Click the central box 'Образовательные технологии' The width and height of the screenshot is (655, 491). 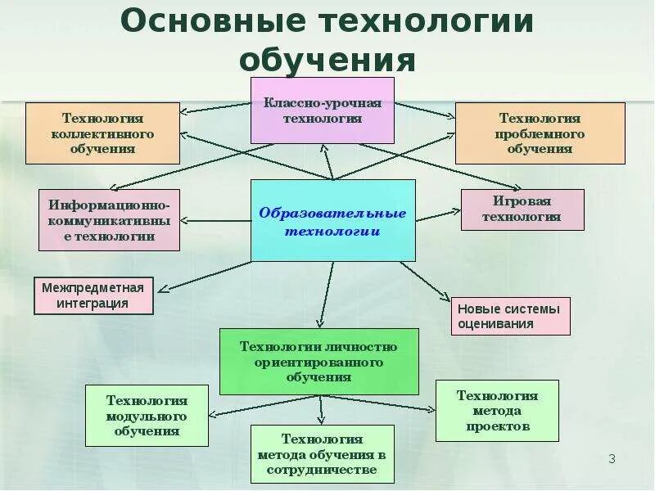tap(332, 221)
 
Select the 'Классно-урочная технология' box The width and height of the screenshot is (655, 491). tap(323, 110)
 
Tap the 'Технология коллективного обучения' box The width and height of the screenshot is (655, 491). tap(102, 133)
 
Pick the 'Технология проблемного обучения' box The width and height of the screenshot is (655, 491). tap(540, 133)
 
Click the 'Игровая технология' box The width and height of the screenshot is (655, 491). tap(522, 209)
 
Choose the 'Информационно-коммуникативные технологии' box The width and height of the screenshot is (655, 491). tap(109, 220)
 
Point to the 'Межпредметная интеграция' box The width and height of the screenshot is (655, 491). tap(93, 295)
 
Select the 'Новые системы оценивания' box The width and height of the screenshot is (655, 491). tap(510, 316)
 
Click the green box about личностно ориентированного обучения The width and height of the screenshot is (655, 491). tap(318, 362)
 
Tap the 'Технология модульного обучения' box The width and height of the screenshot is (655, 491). tap(147, 416)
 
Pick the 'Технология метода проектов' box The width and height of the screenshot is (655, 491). tap(497, 411)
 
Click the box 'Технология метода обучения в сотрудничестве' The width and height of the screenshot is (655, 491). tap(322, 454)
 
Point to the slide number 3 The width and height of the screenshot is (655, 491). tap(612, 458)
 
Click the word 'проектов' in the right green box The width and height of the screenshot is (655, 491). tap(498, 426)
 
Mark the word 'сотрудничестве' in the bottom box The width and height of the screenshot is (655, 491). tap(322, 470)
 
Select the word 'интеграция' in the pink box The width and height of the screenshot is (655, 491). tap(93, 304)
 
